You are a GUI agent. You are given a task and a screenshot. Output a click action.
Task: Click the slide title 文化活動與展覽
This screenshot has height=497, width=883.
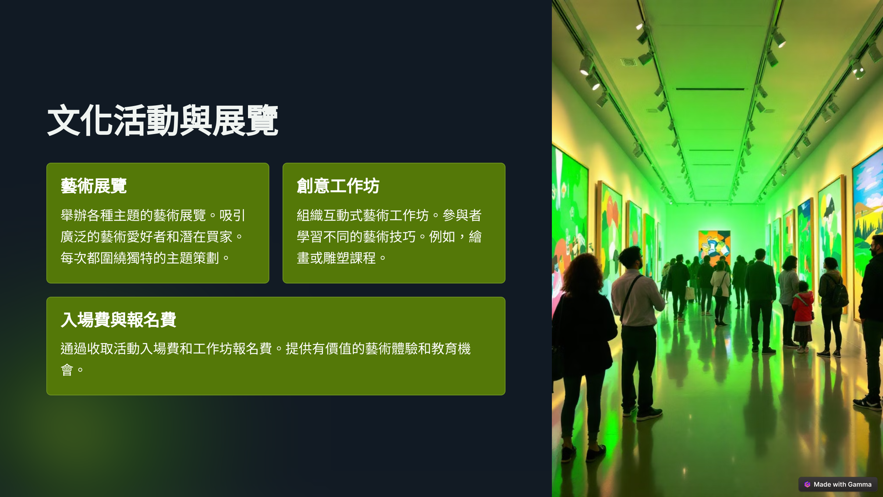(163, 120)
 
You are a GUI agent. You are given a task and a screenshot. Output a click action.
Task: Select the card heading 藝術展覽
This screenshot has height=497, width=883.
(93, 186)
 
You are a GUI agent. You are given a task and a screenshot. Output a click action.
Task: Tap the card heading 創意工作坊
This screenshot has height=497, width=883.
(338, 186)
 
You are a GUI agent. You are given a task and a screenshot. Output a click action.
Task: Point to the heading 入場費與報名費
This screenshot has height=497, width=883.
(118, 320)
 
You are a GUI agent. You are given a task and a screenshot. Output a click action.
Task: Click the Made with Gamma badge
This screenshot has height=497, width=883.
(838, 484)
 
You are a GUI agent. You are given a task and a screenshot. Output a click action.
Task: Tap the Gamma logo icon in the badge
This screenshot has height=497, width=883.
(807, 484)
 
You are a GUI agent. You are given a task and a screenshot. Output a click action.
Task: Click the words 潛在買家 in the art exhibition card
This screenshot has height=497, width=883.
(206, 237)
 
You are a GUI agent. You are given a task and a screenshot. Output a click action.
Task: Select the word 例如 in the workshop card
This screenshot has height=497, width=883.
(442, 237)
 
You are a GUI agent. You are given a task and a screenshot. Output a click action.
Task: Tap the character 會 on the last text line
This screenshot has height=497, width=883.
(67, 370)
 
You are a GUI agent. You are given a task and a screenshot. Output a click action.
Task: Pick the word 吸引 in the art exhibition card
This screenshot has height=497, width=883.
(232, 215)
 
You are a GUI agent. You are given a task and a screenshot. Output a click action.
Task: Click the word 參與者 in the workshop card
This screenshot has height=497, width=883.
(462, 215)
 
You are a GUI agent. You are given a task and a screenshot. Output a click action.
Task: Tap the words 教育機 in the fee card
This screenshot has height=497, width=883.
(451, 349)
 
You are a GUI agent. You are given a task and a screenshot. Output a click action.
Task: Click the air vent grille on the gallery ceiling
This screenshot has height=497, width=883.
(629, 62)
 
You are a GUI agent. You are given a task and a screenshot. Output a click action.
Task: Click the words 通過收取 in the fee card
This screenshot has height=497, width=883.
(87, 349)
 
